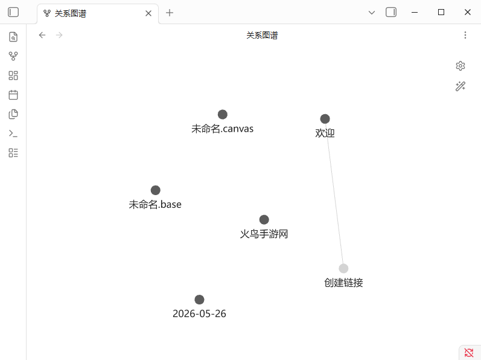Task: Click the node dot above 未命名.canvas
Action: pyautogui.click(x=223, y=115)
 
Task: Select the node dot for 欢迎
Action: pyautogui.click(x=325, y=119)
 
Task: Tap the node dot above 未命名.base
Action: pyautogui.click(x=156, y=190)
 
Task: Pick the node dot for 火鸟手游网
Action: pyautogui.click(x=264, y=220)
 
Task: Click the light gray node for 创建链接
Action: pyautogui.click(x=343, y=268)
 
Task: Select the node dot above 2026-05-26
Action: pyautogui.click(x=199, y=300)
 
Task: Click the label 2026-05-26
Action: pyautogui.click(x=199, y=313)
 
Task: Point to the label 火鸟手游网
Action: pyautogui.click(x=264, y=234)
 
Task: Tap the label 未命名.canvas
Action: pyautogui.click(x=223, y=129)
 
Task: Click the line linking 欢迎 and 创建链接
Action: pyautogui.click(x=334, y=194)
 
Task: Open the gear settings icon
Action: pyautogui.click(x=460, y=66)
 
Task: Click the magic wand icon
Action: pyautogui.click(x=460, y=86)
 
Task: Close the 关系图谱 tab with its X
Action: pyautogui.click(x=148, y=13)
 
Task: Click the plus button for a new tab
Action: pyautogui.click(x=170, y=13)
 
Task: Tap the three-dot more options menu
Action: pyautogui.click(x=465, y=35)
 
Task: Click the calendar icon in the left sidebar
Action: pyautogui.click(x=13, y=95)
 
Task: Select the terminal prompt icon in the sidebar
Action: pyautogui.click(x=13, y=133)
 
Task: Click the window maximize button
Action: pyautogui.click(x=441, y=12)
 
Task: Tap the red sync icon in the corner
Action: pyautogui.click(x=469, y=353)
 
